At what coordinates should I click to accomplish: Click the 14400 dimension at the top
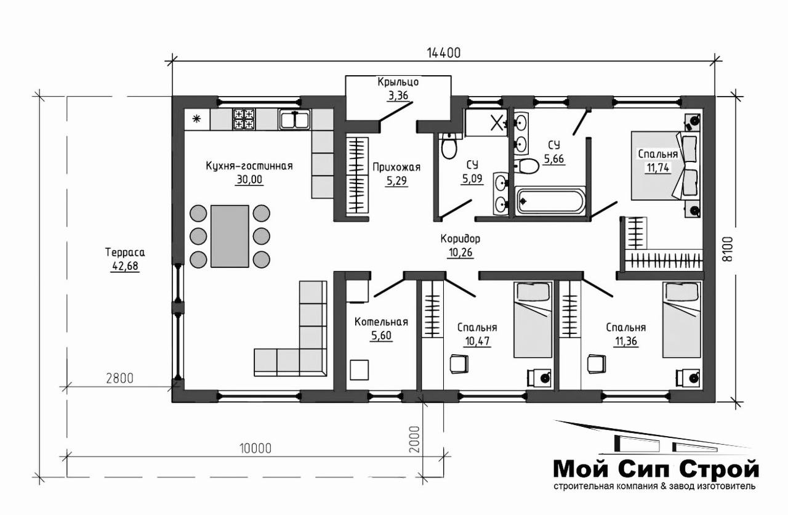click(444, 53)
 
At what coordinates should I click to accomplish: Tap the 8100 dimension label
click(728, 249)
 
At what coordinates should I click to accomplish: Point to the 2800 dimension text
click(119, 378)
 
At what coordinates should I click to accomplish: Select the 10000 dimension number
click(255, 448)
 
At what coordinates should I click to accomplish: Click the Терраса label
click(125, 253)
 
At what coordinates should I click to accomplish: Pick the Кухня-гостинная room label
click(249, 166)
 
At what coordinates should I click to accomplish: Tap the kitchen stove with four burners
click(244, 119)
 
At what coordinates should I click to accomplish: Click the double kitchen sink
click(295, 120)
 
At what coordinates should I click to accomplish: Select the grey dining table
click(230, 236)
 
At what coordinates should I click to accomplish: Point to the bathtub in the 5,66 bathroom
click(550, 201)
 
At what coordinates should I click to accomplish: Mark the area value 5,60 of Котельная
click(381, 336)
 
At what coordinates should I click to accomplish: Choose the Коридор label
click(460, 238)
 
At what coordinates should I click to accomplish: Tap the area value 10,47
click(477, 341)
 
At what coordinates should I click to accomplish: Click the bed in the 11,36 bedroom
click(681, 320)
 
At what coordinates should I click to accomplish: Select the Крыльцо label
click(398, 82)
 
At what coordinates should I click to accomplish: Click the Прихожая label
click(396, 167)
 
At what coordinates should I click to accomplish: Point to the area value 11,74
click(658, 168)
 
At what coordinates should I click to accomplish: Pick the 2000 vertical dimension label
click(415, 439)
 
